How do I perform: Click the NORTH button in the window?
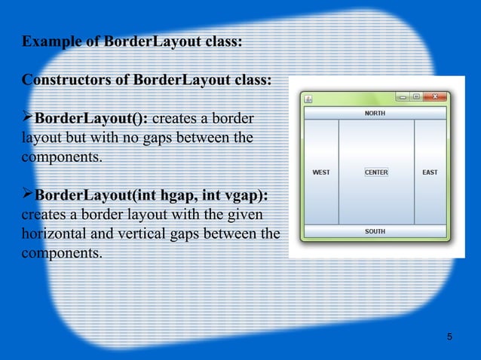point(375,113)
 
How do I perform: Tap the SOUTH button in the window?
point(375,231)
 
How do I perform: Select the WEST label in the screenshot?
point(320,172)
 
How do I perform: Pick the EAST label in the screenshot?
point(430,172)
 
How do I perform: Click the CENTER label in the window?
point(376,172)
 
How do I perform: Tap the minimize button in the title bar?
point(403,97)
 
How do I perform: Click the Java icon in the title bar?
point(308,99)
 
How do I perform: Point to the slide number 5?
point(449,336)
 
